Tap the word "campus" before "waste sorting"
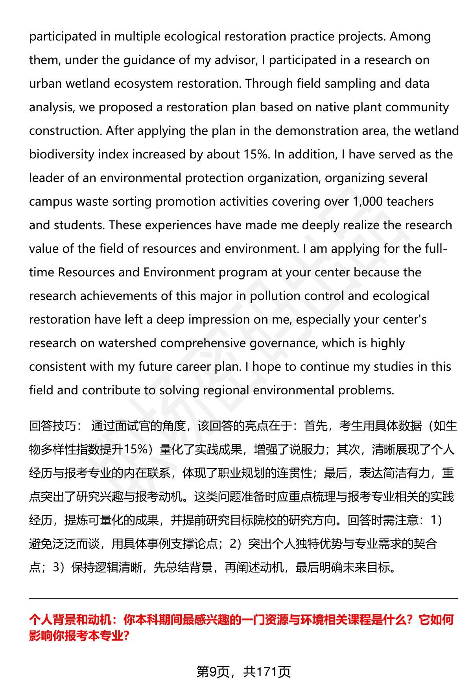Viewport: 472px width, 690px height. tap(51, 202)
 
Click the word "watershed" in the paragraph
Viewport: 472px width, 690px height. tap(127, 343)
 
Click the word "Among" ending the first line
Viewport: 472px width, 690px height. tap(410, 37)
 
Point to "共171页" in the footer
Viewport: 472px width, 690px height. tap(267, 672)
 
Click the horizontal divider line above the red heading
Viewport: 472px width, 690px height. tap(243, 598)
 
